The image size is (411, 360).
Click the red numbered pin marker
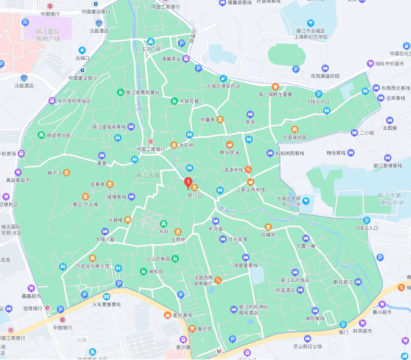coord(188,181)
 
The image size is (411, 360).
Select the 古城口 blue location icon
coord(82,49)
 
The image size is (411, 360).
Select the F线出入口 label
coord(317,101)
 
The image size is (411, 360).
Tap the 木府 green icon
coord(163,224)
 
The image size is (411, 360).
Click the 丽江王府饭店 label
coord(295,280)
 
